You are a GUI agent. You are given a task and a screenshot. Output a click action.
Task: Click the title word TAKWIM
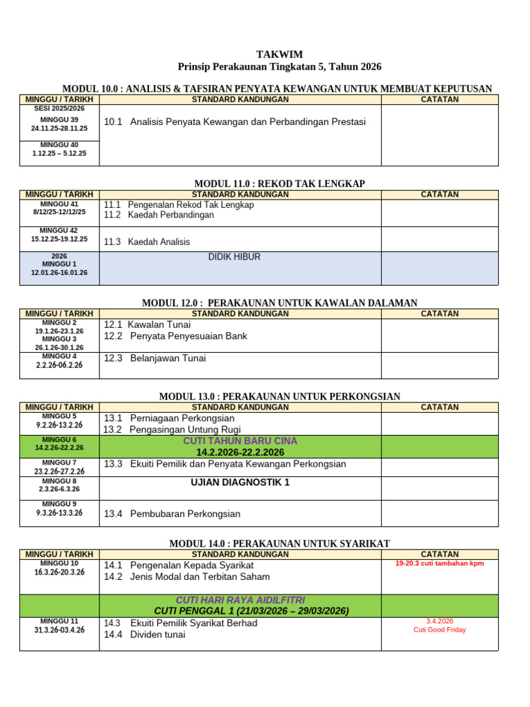279,55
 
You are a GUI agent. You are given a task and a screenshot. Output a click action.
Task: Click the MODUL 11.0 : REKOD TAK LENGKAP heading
279,184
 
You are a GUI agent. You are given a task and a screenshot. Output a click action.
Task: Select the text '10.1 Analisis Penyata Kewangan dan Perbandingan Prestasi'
235,122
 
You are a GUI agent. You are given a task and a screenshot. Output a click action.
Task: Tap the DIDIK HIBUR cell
235,258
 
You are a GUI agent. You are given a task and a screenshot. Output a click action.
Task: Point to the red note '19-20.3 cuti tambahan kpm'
440,563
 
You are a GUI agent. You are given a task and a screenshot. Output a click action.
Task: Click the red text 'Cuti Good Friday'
440,630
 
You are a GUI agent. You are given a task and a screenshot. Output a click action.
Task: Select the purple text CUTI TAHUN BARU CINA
240,441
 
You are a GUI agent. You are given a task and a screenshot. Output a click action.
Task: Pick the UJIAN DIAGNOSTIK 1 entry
240,483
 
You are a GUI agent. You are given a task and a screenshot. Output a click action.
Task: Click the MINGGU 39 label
59,119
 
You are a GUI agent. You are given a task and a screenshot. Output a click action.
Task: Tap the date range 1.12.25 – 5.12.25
59,153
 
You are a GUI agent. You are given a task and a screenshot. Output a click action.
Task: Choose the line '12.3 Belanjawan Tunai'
155,358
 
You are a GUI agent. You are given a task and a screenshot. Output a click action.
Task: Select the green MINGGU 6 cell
59,444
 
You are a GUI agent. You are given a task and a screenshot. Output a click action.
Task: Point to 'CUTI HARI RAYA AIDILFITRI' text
240,600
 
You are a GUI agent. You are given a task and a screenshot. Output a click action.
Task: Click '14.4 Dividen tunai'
145,635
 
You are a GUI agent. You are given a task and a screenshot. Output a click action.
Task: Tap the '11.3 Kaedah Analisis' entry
147,242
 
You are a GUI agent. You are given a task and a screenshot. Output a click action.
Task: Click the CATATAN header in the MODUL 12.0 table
440,314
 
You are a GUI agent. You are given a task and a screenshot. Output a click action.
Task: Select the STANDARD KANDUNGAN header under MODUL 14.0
240,554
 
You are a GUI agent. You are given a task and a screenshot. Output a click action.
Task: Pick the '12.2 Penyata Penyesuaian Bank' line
175,336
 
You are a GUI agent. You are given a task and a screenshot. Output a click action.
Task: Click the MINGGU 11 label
59,621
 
